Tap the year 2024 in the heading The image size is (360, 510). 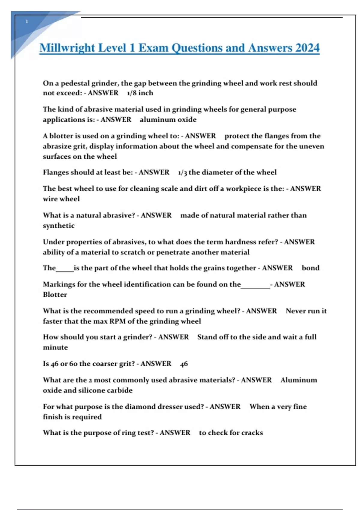307,48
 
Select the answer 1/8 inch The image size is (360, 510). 140,93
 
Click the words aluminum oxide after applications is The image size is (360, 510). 168,120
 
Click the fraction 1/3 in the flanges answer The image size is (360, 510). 182,172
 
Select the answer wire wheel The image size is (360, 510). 61,199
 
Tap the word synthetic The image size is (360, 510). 58,226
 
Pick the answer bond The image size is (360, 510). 310,268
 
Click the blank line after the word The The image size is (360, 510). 65,270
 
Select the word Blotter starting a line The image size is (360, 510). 55,295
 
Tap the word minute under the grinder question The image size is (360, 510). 55,347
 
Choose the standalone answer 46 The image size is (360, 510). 184,364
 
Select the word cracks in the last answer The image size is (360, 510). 252,433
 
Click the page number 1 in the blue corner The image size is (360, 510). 27,22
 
